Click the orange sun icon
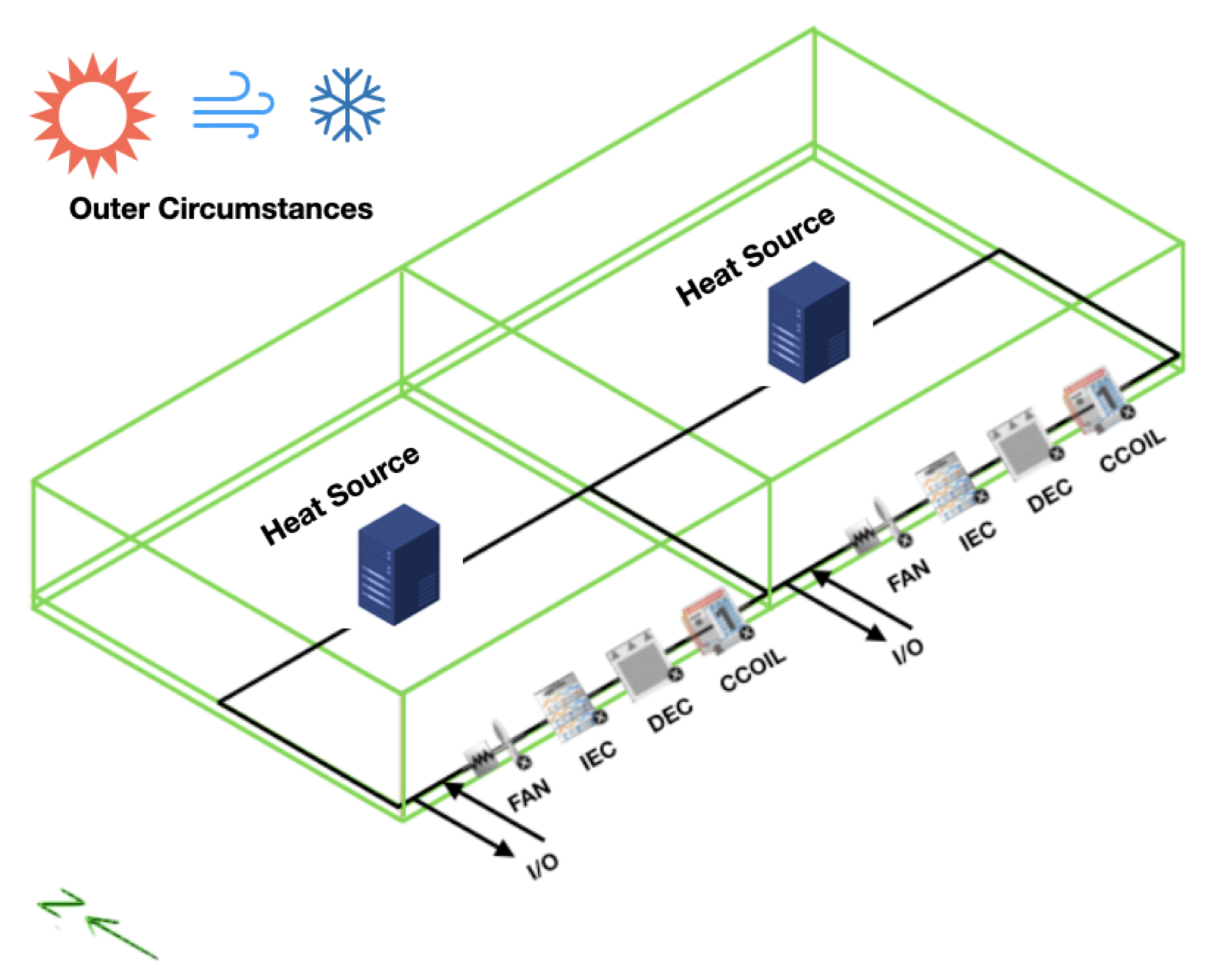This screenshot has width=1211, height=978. click(92, 115)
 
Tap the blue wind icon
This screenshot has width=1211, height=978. click(233, 105)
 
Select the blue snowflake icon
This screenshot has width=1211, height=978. click(347, 104)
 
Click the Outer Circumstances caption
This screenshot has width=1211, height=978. click(221, 209)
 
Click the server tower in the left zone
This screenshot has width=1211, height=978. click(399, 564)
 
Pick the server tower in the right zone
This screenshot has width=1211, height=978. click(808, 322)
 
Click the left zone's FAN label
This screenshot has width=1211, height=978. click(529, 796)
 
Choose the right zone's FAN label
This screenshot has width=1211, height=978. click(909, 574)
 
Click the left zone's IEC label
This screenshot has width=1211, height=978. click(598, 755)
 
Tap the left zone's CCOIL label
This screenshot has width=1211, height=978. click(752, 670)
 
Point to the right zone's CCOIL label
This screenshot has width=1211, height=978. click(1132, 449)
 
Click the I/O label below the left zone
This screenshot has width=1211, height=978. click(543, 866)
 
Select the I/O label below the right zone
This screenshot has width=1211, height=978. click(908, 650)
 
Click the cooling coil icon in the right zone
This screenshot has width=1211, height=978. click(1096, 399)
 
